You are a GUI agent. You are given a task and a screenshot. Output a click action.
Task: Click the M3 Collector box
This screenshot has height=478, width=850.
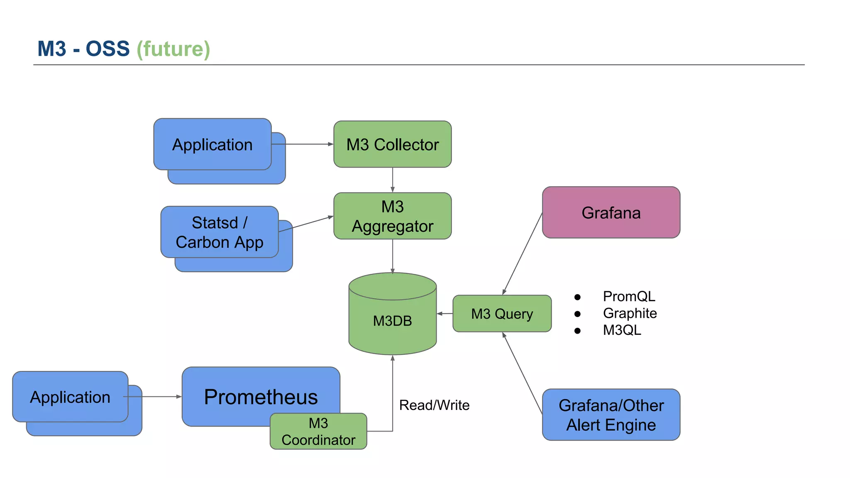(x=392, y=144)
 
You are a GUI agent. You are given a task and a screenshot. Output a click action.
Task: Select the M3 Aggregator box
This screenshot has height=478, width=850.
(x=392, y=216)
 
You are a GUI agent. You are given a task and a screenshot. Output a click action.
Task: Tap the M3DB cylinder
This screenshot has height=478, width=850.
(x=392, y=320)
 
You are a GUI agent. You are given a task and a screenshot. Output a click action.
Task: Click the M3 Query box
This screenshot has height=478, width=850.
(x=502, y=314)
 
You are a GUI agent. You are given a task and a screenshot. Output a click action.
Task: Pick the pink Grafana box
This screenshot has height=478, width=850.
(x=611, y=212)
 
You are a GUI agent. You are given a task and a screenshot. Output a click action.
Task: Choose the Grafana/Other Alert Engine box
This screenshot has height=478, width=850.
(x=611, y=415)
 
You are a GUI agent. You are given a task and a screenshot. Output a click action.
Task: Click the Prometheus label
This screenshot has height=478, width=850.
(x=261, y=397)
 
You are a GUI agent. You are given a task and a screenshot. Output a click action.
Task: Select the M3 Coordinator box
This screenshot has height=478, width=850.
(x=318, y=432)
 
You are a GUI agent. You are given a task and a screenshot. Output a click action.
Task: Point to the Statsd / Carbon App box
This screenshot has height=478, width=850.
(x=219, y=232)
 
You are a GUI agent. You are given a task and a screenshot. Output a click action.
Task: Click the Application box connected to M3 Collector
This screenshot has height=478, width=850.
(x=212, y=144)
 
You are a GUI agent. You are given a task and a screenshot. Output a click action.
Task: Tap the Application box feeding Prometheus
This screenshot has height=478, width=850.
(x=70, y=397)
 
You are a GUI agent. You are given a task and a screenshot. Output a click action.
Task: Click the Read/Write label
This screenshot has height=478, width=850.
(x=434, y=405)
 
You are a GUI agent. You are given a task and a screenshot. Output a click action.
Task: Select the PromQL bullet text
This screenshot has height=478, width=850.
(x=629, y=296)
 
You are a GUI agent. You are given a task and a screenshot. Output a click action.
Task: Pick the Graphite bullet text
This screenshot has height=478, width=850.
(x=630, y=313)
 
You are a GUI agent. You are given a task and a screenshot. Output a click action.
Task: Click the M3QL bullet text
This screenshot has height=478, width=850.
(x=622, y=330)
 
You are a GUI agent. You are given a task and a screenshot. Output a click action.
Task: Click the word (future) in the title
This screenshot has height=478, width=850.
(x=173, y=49)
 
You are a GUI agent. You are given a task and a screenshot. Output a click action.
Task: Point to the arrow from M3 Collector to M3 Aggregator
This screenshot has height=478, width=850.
(x=393, y=180)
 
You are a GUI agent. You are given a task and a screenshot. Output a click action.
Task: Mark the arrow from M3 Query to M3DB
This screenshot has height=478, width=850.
(x=445, y=314)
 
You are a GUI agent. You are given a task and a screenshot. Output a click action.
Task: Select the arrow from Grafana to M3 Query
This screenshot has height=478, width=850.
(x=522, y=254)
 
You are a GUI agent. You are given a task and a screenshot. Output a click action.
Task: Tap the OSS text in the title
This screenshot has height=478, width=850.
(x=107, y=49)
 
